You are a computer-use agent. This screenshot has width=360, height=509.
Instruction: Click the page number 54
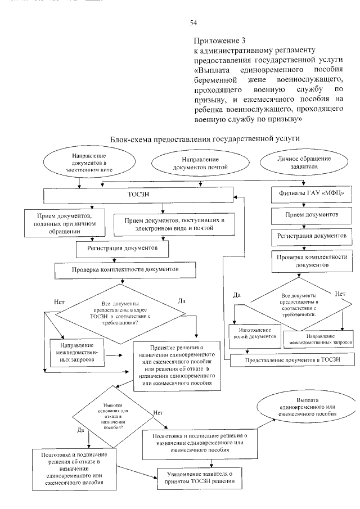[x=193, y=23]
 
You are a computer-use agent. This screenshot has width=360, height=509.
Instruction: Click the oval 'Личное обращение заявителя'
[x=303, y=163]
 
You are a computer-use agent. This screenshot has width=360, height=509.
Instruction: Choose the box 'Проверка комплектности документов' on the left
[x=125, y=269]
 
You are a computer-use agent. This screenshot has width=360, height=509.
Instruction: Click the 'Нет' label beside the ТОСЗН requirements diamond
[x=60, y=302]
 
